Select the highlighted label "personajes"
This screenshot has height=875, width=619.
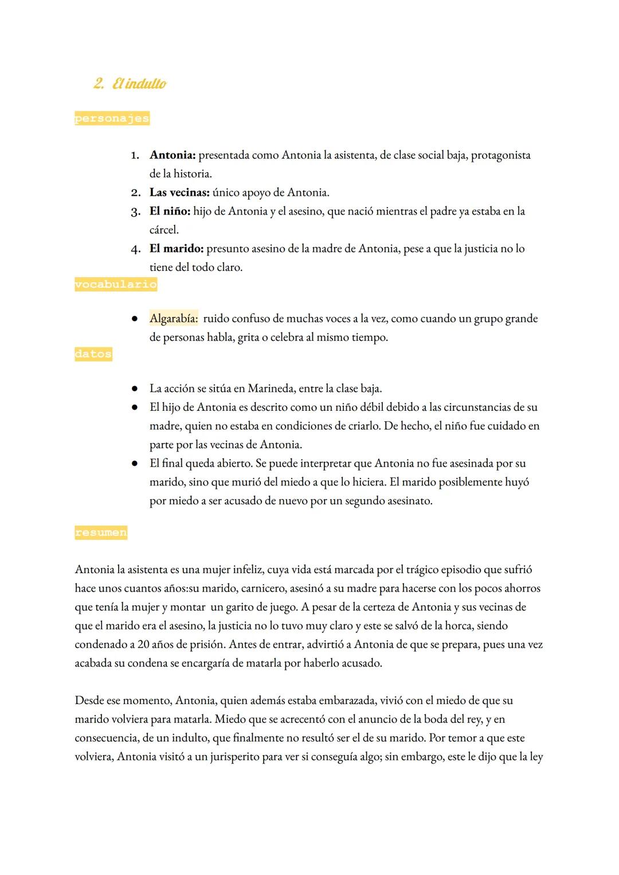[112, 119]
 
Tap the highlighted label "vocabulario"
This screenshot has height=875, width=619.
[116, 284]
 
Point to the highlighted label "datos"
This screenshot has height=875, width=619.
[93, 354]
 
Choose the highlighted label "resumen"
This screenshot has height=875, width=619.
[101, 532]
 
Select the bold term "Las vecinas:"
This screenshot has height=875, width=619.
[179, 192]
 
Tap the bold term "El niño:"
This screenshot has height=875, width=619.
[170, 211]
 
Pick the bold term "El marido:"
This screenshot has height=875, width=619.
[176, 248]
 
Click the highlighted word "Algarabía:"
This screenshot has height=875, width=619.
[174, 318]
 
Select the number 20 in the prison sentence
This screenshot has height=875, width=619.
[144, 644]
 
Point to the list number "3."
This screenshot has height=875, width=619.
[135, 212]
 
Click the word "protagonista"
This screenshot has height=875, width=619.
[500, 155]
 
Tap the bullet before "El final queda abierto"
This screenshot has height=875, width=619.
[134, 464]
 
